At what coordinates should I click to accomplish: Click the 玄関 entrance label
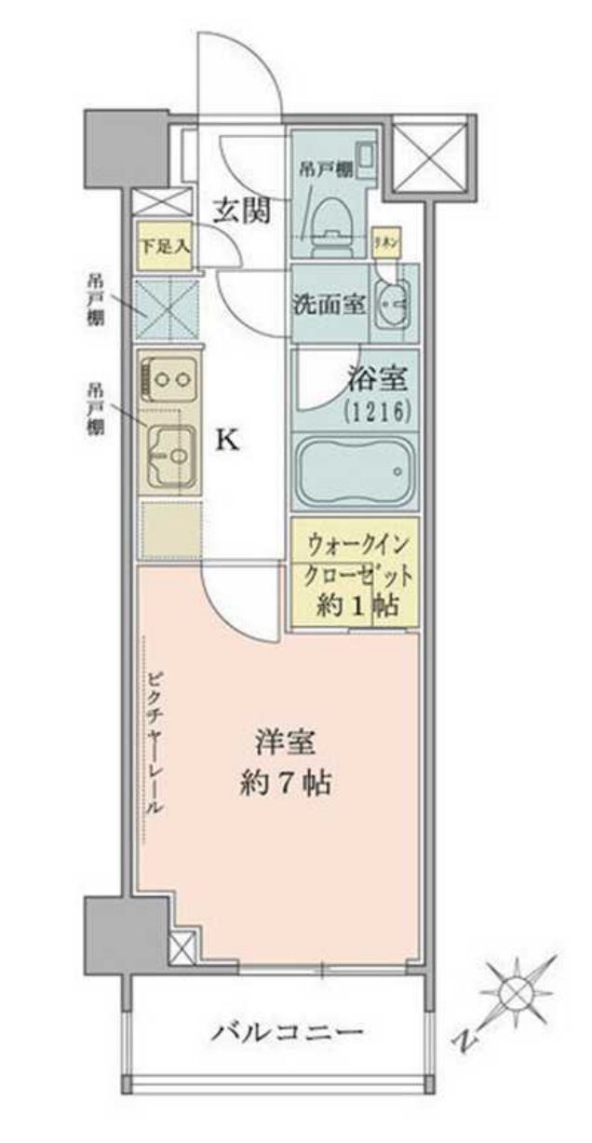244,211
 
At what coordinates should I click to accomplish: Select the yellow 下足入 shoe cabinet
165,247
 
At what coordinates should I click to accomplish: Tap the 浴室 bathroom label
376,381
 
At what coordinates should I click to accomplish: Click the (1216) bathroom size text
376,411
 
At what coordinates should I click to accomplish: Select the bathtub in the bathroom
353,471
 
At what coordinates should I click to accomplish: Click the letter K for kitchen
228,440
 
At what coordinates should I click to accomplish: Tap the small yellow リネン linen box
384,241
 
